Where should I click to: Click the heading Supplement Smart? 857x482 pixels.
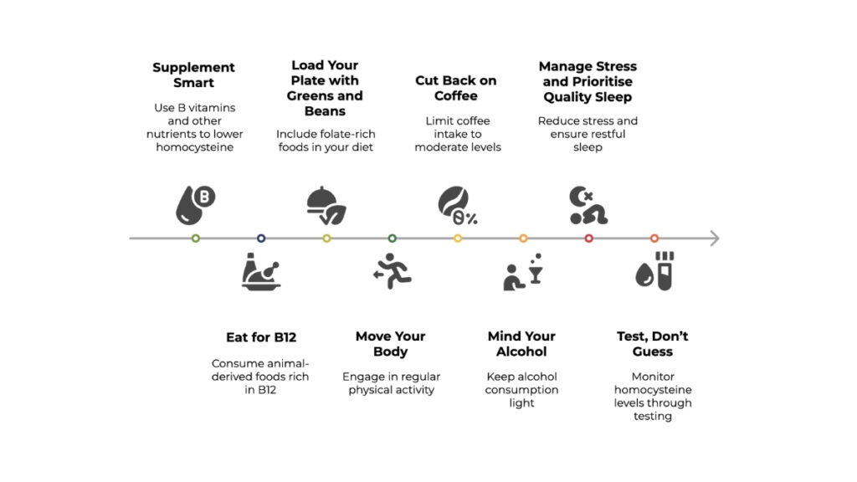point(193,74)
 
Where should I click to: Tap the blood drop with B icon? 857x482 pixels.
point(195,205)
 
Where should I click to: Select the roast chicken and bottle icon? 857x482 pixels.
point(261,272)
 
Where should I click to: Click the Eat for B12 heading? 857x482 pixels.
point(261,337)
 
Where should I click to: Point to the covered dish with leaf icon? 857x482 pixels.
point(326,206)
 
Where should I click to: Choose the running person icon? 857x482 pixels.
point(392,271)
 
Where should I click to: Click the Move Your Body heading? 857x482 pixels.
point(390,344)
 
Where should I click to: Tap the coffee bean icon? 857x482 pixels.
point(458,206)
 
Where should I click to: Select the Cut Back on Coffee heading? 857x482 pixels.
point(456,88)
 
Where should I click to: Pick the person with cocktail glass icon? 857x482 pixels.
point(523,272)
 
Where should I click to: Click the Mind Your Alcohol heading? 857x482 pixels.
point(521,344)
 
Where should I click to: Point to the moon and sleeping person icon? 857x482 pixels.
point(588,206)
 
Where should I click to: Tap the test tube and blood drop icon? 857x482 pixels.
point(654,271)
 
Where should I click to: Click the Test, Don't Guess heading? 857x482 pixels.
point(653,344)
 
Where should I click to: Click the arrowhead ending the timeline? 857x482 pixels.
point(715,238)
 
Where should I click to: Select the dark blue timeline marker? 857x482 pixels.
point(261,238)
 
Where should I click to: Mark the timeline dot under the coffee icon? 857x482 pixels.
point(458,238)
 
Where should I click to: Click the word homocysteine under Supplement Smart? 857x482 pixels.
point(194,147)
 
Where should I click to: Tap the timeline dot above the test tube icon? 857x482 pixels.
point(654,238)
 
